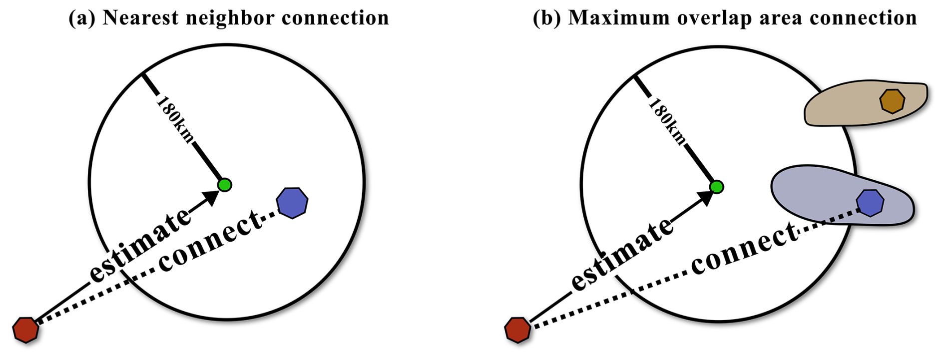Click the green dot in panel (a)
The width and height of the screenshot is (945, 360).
point(225,185)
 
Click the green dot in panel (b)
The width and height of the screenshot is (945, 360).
point(717,187)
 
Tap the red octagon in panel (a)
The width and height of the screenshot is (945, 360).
point(25,330)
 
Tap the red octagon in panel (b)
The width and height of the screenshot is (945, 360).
point(517,330)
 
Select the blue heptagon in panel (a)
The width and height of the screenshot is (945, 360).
point(292,203)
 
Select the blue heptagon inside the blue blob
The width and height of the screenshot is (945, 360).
point(870,203)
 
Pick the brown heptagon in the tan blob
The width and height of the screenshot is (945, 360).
point(892,101)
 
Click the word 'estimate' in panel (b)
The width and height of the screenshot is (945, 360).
point(622,255)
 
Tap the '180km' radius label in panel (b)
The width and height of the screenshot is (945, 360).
point(667,122)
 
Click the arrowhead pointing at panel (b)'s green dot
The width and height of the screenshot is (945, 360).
point(705,198)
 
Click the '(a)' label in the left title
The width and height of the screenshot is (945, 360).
point(82,18)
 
